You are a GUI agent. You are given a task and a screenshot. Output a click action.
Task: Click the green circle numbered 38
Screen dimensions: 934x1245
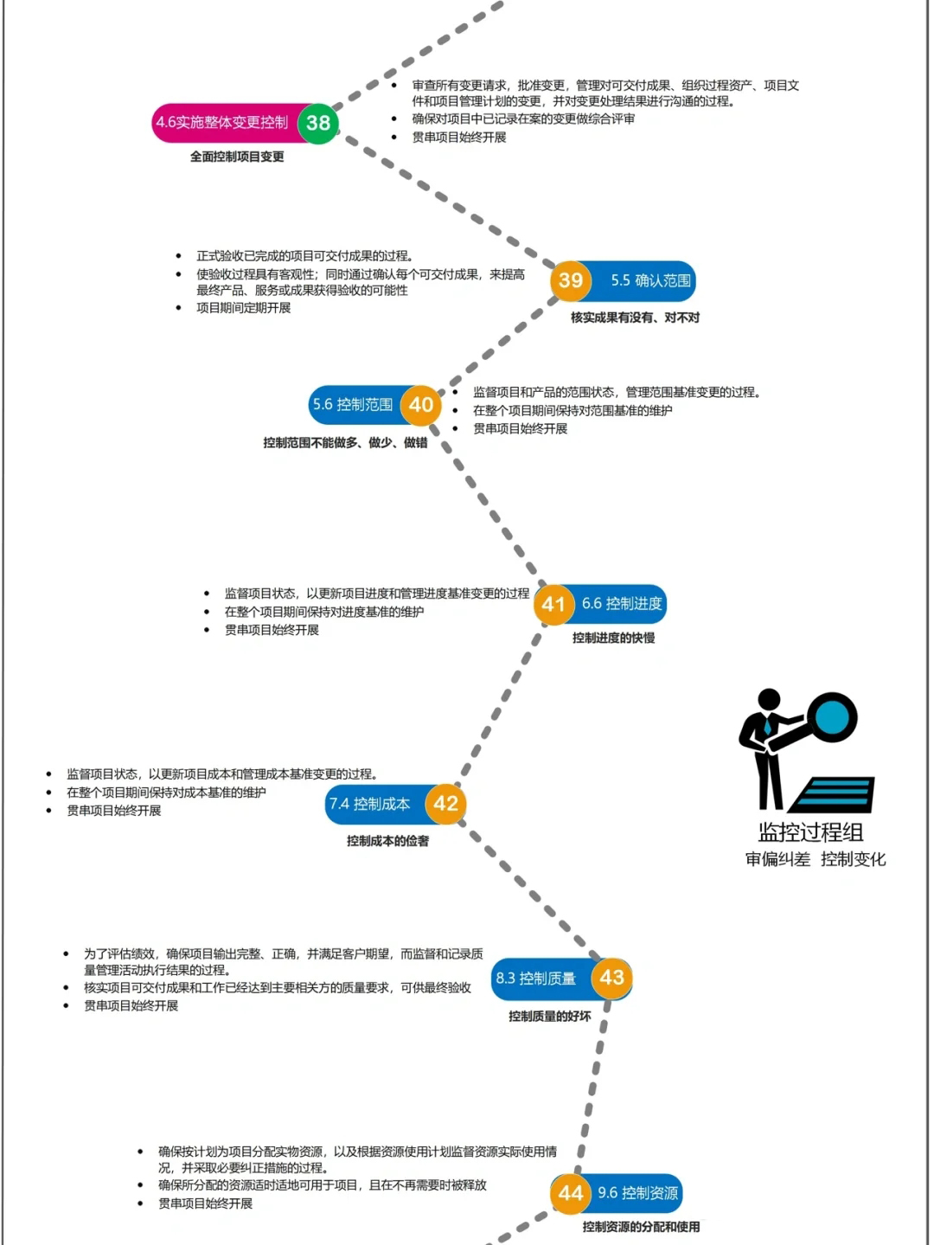tap(318, 123)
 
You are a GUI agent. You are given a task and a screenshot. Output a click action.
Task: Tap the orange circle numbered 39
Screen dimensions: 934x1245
tap(570, 280)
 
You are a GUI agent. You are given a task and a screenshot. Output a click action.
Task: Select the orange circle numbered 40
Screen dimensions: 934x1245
tap(420, 404)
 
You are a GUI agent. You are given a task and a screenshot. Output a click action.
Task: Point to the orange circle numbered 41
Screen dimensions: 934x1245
tap(553, 604)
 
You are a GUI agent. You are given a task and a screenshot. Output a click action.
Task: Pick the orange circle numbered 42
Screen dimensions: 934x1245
tap(445, 803)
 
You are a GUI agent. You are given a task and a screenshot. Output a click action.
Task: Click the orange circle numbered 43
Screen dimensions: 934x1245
tap(611, 978)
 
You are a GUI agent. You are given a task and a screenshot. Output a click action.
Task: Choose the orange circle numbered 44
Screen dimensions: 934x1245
tap(570, 1193)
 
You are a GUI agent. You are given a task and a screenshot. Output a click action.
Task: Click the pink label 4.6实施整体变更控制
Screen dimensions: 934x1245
tap(222, 123)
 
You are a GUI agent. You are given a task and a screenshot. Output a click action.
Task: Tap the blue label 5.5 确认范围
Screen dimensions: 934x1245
tap(650, 280)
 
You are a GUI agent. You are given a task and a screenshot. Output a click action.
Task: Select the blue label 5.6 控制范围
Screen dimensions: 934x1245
tap(353, 404)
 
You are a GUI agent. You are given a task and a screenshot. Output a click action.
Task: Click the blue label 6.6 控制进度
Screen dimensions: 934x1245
tap(622, 604)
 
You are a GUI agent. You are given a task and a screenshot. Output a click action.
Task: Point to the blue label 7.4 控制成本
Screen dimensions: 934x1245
tap(369, 804)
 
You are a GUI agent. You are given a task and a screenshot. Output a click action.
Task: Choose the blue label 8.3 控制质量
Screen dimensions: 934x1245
tap(535, 978)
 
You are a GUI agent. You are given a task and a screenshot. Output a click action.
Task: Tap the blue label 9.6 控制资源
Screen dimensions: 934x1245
tap(637, 1193)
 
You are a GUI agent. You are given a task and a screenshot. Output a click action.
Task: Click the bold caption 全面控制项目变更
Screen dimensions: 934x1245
tap(237, 157)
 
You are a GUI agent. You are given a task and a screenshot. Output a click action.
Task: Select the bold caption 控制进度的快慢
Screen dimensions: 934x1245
tap(613, 638)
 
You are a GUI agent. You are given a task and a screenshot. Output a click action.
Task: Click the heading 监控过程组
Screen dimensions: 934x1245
tap(810, 832)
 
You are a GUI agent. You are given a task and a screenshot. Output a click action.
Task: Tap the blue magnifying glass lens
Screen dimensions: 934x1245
tap(832, 717)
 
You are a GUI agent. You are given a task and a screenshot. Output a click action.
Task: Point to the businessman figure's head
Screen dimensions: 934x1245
tap(769, 699)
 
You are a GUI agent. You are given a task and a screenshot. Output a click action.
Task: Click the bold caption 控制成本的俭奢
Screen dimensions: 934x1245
tap(387, 841)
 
